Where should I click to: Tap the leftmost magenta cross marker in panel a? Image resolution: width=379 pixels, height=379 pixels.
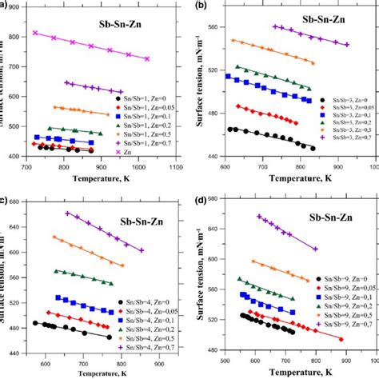tap(35, 33)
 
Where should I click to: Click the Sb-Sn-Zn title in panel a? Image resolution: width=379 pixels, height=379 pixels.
tap(120, 16)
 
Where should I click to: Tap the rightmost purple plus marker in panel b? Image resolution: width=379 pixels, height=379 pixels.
tap(347, 45)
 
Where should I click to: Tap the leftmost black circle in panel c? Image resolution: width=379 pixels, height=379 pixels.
tap(35, 323)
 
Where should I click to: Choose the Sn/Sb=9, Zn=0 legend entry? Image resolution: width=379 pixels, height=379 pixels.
tap(338, 277)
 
